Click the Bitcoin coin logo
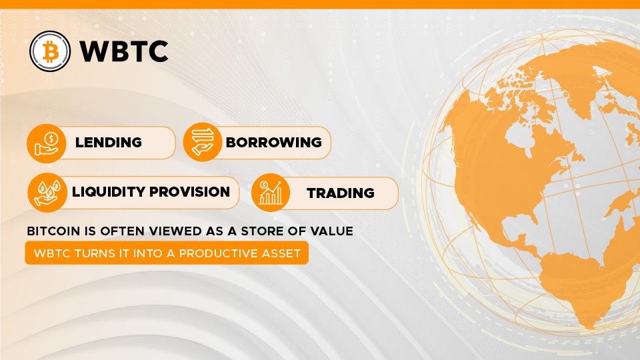point(50,51)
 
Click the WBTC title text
point(124,51)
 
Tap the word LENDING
point(109,142)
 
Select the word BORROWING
point(273,142)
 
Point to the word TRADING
point(341,193)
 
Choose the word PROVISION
point(189,191)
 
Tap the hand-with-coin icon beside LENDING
point(47,144)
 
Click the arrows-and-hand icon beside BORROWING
point(203,142)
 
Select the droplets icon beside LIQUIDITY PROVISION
point(47,193)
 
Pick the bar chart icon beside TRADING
point(271,192)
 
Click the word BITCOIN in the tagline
point(53,231)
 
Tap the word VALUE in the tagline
point(331,231)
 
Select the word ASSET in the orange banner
point(281,253)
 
